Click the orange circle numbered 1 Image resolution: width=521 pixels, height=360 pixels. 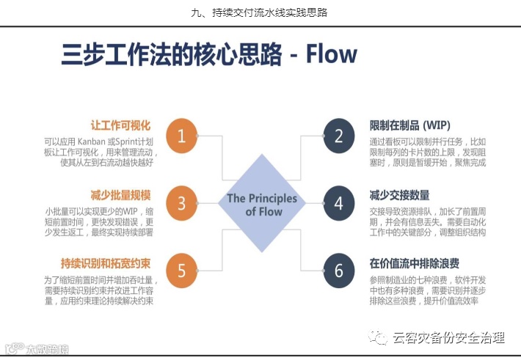(182, 136)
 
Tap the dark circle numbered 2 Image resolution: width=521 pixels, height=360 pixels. (338, 136)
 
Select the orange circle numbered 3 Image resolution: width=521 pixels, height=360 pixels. (182, 203)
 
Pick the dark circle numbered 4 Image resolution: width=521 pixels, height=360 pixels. (338, 203)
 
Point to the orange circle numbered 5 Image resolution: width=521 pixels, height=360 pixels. (182, 271)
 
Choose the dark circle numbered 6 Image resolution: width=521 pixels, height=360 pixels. (338, 271)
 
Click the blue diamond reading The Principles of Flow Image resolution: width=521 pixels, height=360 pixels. (261, 204)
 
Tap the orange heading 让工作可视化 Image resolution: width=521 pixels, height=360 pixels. (120, 125)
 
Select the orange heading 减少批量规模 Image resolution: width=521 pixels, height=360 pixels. (120, 194)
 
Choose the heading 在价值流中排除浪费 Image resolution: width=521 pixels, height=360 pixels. (415, 262)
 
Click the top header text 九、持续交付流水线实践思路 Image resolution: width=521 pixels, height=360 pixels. (260, 12)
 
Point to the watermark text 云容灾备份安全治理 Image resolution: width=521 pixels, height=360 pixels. (448, 337)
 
